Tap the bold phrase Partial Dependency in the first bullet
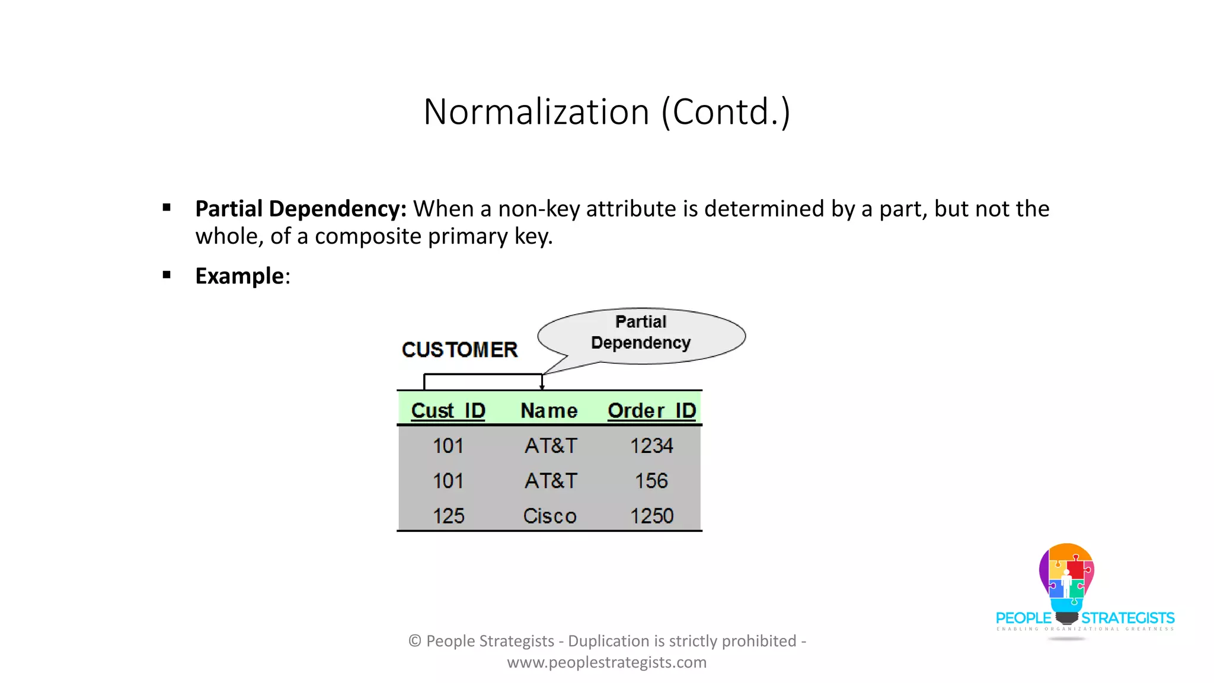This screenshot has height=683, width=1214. pyautogui.click(x=301, y=209)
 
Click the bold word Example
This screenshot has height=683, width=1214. pyautogui.click(x=239, y=276)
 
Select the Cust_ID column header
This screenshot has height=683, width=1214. pyautogui.click(x=448, y=410)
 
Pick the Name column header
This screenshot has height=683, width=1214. pyautogui.click(x=549, y=410)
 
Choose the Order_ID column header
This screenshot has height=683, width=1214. pyautogui.click(x=651, y=410)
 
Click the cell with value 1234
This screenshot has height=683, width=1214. pyautogui.click(x=651, y=446)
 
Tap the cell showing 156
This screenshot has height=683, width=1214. pyautogui.click(x=651, y=481)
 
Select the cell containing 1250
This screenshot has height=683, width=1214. pyautogui.click(x=651, y=516)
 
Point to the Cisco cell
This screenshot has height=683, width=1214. pyautogui.click(x=550, y=516)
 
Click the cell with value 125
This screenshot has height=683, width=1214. pyautogui.click(x=448, y=516)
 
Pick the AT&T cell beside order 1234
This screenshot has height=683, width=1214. pyautogui.click(x=551, y=446)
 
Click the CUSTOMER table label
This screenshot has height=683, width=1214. pyautogui.click(x=459, y=350)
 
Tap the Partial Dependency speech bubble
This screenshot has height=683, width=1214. pyautogui.click(x=641, y=334)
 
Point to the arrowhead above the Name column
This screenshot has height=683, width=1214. pyautogui.click(x=542, y=387)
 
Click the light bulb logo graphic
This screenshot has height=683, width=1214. pyautogui.click(x=1066, y=578)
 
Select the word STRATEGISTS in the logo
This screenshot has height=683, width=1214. pyautogui.click(x=1127, y=618)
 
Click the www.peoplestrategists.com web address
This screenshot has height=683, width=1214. pyautogui.click(x=606, y=662)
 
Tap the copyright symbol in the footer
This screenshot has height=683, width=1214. pyautogui.click(x=415, y=641)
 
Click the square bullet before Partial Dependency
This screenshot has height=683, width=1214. pyautogui.click(x=167, y=208)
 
